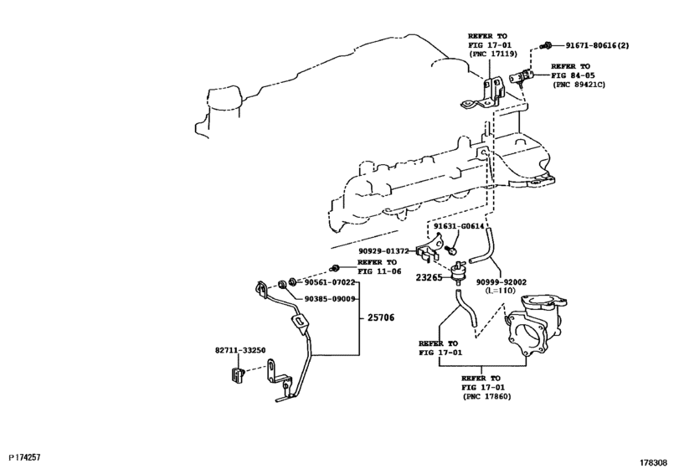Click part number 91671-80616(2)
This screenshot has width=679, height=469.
point(598,45)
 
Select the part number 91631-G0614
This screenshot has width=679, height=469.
point(459,226)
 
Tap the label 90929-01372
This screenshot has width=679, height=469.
point(383,251)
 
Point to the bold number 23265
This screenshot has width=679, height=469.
point(430,277)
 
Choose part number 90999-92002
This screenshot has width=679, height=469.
point(502,282)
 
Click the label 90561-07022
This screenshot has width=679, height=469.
point(330,282)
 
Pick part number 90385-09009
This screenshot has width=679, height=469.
point(330,299)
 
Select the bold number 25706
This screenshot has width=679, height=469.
point(381,317)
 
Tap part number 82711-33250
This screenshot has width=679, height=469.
point(240,350)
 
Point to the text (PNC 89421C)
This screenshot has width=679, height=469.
point(579,85)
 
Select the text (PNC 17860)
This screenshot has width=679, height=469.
point(486,396)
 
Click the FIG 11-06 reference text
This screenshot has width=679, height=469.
point(379,271)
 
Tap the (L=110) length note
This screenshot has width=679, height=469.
point(501,291)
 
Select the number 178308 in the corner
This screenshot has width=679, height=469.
point(654,462)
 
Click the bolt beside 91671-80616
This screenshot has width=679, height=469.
point(547,44)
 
